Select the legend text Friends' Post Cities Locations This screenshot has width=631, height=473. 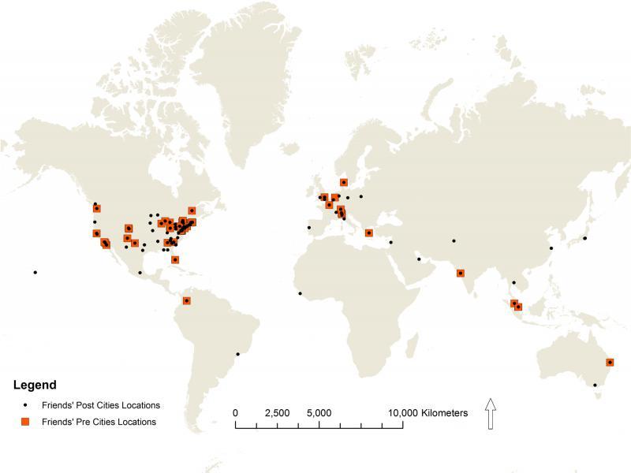coord(101,405)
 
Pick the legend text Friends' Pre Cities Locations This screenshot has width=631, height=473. coord(99,422)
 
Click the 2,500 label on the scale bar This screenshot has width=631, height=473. coord(278,413)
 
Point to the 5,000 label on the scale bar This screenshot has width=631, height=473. coord(319,413)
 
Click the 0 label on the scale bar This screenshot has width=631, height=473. coord(236,413)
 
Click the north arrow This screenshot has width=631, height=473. coord(491,414)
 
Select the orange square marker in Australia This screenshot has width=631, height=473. coord(610,363)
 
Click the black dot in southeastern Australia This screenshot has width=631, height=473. coord(595,385)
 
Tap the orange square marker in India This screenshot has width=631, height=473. coord(461,274)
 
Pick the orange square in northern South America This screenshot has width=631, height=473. coord(187,300)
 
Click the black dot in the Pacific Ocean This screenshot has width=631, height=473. coord(35,273)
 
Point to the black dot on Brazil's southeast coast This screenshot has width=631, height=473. coord(238,354)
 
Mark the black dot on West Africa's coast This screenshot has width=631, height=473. coord(300,294)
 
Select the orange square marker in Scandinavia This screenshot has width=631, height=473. coord(344,182)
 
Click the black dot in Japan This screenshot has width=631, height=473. coord(585,238)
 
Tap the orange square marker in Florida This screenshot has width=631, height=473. coord(175,259)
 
